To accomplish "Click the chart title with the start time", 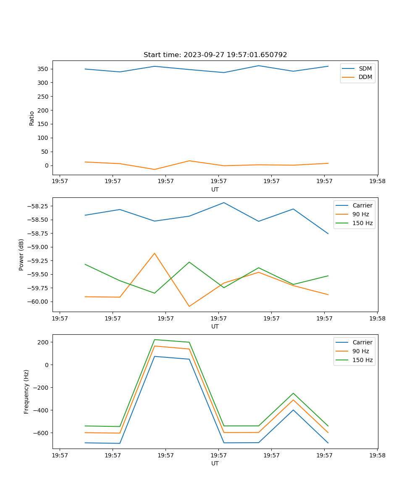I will (x=215, y=55).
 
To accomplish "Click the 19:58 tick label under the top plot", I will (x=377, y=181).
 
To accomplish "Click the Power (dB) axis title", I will (x=21, y=255).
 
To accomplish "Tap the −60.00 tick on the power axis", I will (x=39, y=302).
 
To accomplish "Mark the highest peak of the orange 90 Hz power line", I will (x=155, y=253).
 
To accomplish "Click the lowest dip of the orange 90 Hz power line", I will (x=189, y=306).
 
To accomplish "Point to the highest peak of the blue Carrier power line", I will (x=224, y=203).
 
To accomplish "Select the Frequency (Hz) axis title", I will (x=26, y=391).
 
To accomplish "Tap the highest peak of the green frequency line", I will (x=155, y=339).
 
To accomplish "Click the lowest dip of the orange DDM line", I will (x=155, y=169).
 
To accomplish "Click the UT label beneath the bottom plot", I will (x=215, y=463).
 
